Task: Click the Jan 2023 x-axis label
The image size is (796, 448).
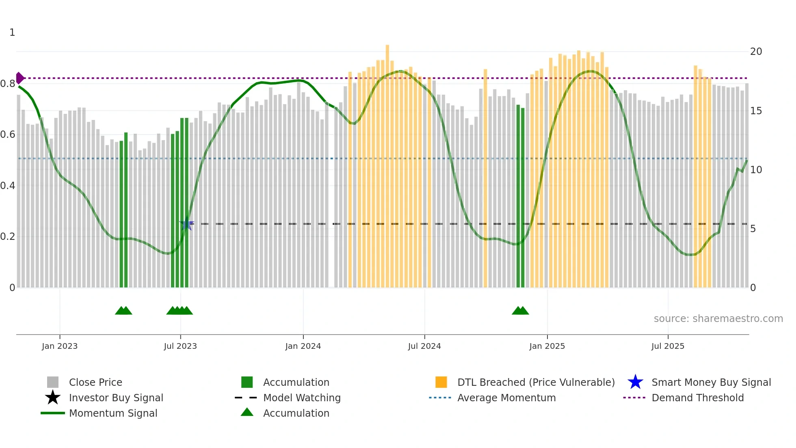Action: click(x=59, y=346)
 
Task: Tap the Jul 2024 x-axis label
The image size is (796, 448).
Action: click(x=424, y=346)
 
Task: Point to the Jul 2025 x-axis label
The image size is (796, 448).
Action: click(x=668, y=346)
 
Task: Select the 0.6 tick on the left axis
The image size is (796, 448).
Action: click(x=8, y=135)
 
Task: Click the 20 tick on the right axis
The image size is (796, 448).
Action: click(x=756, y=52)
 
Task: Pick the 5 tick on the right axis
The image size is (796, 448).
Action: click(x=753, y=229)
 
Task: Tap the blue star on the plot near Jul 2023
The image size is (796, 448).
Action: click(x=186, y=224)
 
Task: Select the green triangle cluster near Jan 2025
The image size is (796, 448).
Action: click(x=520, y=311)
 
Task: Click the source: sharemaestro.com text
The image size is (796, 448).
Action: click(x=718, y=319)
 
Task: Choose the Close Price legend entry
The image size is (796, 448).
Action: click(x=95, y=382)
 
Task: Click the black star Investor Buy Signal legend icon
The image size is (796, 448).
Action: click(x=53, y=398)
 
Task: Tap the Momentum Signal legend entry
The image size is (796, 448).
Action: click(x=113, y=413)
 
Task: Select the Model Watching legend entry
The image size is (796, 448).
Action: click(x=301, y=398)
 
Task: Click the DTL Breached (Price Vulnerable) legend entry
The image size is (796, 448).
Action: click(x=536, y=382)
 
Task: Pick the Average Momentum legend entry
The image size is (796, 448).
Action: click(x=506, y=398)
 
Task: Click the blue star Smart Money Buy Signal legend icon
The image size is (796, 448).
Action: click(x=635, y=382)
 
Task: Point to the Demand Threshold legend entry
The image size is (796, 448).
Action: click(x=697, y=398)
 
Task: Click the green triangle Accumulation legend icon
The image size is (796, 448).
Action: click(x=247, y=412)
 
